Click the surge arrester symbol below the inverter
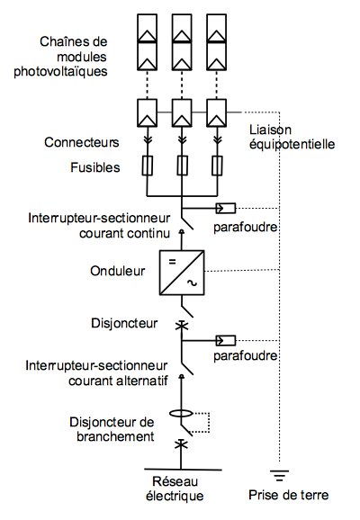224,342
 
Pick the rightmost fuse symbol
217,166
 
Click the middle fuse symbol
182,166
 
